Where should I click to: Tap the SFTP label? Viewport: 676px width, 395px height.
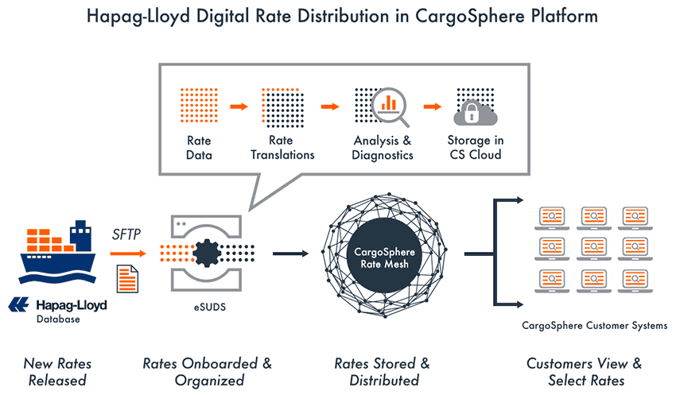(126, 234)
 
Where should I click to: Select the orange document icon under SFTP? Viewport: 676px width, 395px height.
(127, 279)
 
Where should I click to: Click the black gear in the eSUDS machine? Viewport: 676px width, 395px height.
(207, 254)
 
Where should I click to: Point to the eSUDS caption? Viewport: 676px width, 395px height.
(209, 307)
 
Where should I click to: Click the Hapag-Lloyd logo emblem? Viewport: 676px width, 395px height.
(18, 304)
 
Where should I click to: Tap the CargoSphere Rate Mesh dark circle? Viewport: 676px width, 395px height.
(384, 258)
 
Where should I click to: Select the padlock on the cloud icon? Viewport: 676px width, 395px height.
(472, 113)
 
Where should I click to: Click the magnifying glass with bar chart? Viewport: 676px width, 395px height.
(390, 106)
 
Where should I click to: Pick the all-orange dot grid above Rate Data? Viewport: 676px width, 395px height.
(199, 106)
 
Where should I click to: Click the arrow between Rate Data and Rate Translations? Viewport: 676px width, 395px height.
(239, 106)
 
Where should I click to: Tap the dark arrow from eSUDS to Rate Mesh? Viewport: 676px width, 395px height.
(290, 254)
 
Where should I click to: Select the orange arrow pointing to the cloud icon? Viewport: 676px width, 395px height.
(433, 106)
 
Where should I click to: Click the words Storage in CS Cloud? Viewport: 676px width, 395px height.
(476, 147)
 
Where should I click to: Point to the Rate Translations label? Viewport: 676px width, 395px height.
(283, 147)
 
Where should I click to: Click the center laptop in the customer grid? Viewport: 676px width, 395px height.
(593, 249)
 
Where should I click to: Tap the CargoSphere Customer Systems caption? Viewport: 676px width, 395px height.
(595, 326)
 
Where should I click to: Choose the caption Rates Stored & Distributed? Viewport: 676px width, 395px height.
(383, 372)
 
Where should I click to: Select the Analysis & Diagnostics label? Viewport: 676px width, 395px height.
(383, 148)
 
